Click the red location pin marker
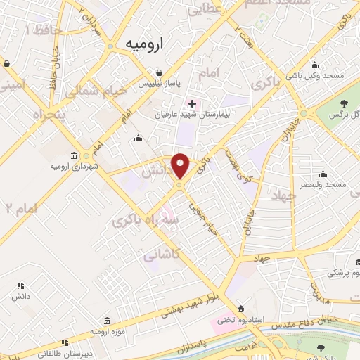click(x=181, y=165)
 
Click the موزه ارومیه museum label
click(x=107, y=330)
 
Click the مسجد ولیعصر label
click(x=323, y=184)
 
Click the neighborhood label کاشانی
click(x=160, y=257)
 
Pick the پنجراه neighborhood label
click(x=27, y=115)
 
